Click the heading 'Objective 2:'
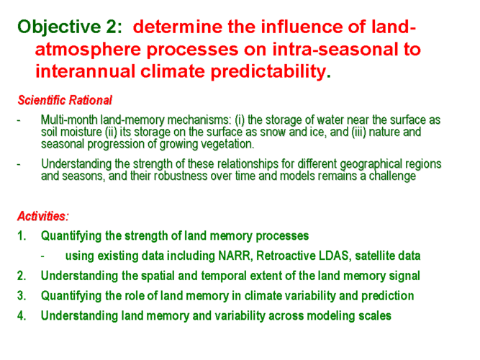[x=70, y=27]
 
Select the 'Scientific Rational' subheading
[x=65, y=100]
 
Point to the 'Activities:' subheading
[x=43, y=216]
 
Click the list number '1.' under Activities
[x=22, y=236]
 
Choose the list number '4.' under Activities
[x=22, y=316]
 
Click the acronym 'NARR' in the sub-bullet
[x=235, y=256]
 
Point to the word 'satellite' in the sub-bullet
[x=373, y=256]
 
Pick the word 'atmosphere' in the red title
[x=89, y=50]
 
